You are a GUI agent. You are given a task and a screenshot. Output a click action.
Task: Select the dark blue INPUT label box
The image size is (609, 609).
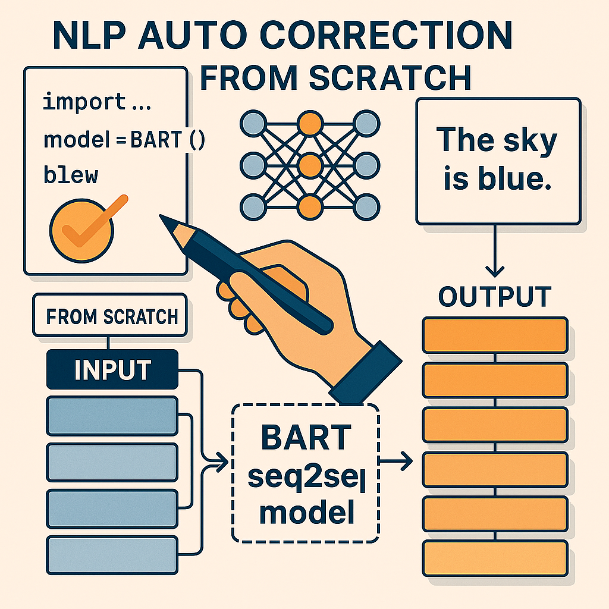click(x=112, y=369)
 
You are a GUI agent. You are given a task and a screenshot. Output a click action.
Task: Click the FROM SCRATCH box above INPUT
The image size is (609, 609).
click(x=112, y=316)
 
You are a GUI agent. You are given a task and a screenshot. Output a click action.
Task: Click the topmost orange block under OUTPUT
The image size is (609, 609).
click(x=495, y=335)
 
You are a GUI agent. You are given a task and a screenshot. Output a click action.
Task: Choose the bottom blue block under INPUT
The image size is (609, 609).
click(x=112, y=554)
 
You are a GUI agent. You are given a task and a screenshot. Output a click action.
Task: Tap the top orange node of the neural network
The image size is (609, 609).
click(x=307, y=124)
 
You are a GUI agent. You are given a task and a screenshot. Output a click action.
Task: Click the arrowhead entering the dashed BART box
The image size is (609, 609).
click(x=223, y=460)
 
